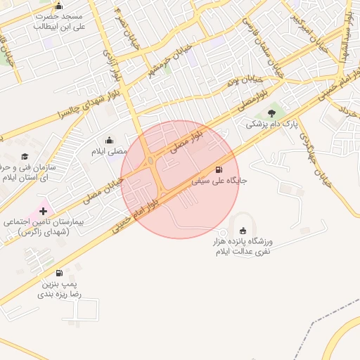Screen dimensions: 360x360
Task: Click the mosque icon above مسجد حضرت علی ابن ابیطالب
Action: coord(58,6)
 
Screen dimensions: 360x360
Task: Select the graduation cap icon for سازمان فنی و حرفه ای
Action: coord(25,157)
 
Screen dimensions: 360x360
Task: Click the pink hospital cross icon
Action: coord(43,211)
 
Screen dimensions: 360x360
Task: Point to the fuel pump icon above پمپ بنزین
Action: coord(59,273)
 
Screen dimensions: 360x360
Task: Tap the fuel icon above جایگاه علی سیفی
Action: coord(219,169)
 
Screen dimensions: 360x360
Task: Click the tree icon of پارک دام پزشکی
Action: coord(271,113)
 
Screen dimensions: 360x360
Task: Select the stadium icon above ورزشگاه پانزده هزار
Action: coord(243,231)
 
